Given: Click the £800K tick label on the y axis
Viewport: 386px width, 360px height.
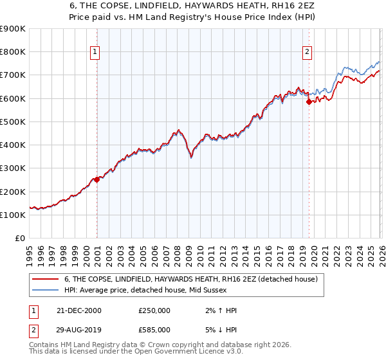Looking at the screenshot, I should point(13,52).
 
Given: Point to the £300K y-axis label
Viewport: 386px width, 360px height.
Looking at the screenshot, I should point(13,168).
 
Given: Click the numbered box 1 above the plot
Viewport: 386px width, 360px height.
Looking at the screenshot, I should point(95,52).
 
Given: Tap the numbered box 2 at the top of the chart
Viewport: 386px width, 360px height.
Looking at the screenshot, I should point(307,52).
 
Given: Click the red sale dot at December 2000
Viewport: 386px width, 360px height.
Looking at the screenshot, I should point(97,180).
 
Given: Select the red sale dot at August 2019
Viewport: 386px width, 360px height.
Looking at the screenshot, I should point(309,102).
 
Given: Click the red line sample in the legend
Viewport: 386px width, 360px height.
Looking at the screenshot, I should point(46,279).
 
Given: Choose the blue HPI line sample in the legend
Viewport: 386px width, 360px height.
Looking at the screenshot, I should point(46,290).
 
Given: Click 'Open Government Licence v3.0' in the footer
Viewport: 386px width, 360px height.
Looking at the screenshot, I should point(190,353).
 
